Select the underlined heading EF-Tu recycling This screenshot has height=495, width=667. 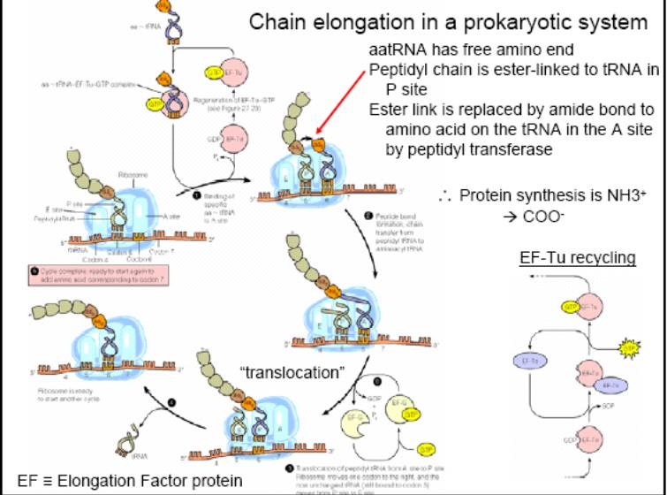577,258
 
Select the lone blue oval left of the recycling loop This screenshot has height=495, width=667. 529,362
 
